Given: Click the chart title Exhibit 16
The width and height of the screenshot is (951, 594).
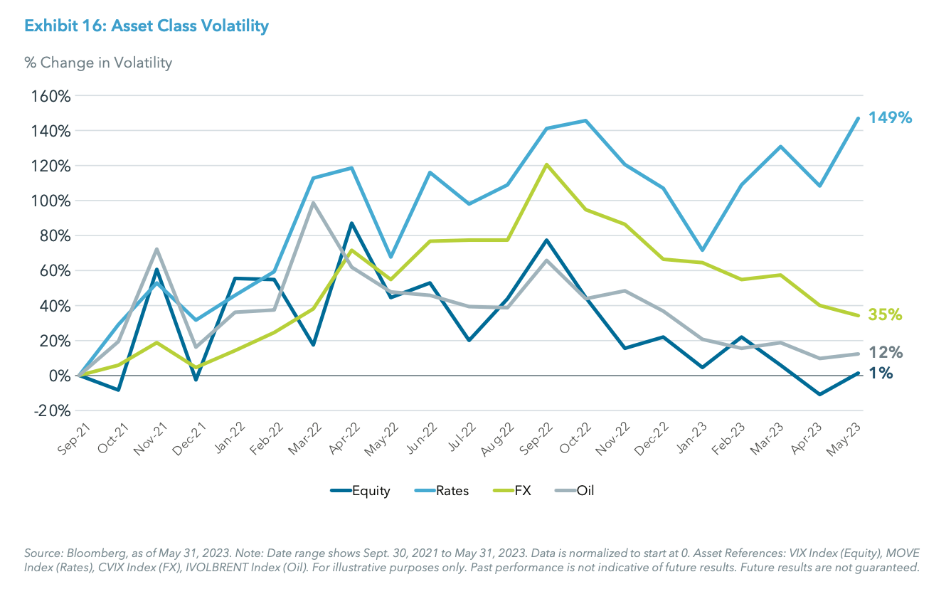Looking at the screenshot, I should (146, 27).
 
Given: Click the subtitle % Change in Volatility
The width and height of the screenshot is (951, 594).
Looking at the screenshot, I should (98, 63).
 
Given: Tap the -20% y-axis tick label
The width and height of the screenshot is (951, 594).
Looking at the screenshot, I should (49, 410).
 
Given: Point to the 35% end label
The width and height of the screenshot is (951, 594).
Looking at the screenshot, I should (886, 314).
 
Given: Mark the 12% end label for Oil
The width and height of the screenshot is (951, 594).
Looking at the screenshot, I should (886, 352).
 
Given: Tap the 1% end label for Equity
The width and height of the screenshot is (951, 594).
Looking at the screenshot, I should (881, 373).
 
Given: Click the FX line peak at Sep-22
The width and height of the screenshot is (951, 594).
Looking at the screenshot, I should (546, 164).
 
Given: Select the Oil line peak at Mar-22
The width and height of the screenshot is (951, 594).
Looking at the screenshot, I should (313, 203).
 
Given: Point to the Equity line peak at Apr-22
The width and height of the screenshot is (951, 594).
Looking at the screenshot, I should (351, 223).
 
